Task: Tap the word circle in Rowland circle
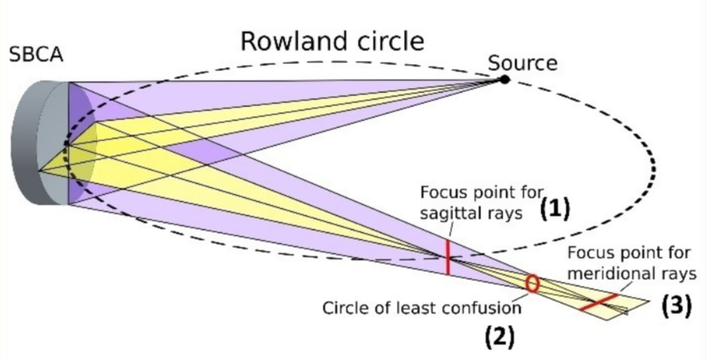coord(386,41)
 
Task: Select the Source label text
coord(523,62)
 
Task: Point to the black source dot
coord(505,79)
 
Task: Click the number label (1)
coord(555,208)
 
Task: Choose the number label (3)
coord(677,306)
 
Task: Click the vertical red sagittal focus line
coord(448,257)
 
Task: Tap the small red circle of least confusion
coord(533,283)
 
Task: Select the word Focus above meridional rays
coord(587,254)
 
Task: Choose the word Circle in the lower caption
coord(345,308)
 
